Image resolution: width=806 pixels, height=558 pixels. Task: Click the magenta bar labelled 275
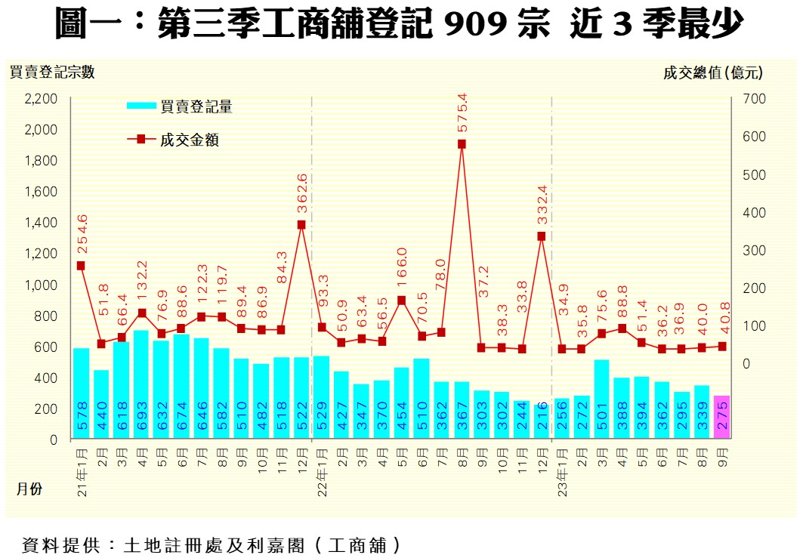coord(722,417)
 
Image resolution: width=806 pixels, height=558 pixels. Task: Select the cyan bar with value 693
coord(141,384)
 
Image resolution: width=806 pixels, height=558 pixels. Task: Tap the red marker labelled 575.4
coord(462,144)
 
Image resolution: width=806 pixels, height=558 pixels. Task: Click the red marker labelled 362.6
coord(301,224)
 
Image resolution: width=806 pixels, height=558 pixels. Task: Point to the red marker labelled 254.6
coord(81,266)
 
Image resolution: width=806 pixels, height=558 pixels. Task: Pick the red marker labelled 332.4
coord(542,236)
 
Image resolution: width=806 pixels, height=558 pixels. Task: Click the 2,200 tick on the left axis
coord(42,99)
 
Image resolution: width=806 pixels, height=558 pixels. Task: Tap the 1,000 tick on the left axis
coord(42,285)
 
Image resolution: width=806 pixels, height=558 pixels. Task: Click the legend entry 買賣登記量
coord(196,107)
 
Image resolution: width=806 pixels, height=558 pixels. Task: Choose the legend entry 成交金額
coord(189,140)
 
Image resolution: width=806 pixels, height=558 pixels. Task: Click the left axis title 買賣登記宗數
coord(52,72)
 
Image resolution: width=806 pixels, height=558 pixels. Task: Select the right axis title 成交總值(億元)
coord(713,72)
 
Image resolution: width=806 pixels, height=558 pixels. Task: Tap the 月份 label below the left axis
coord(29,489)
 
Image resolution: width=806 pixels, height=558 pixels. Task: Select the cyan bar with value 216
coord(542,421)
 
